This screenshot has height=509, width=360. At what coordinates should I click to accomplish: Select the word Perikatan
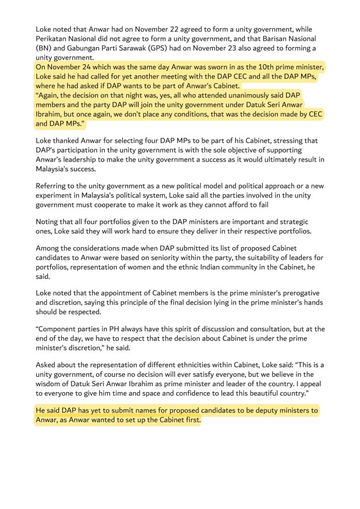[52, 39]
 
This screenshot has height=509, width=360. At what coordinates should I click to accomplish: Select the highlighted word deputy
[260, 411]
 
